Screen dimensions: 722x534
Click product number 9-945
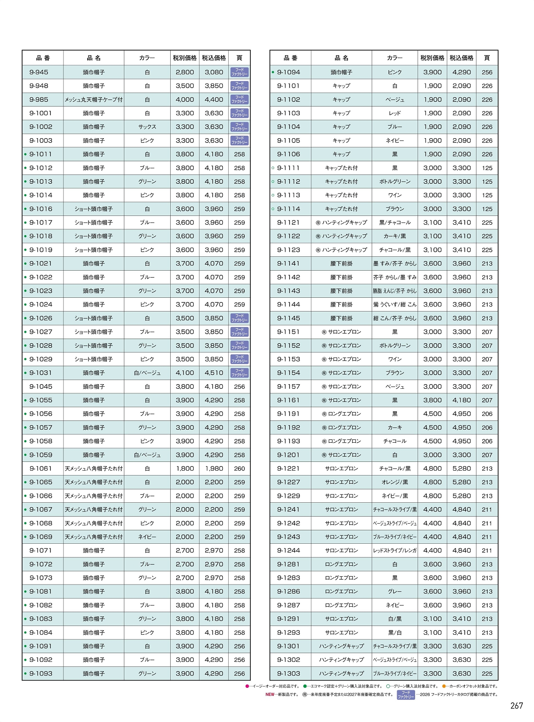pyautogui.click(x=39, y=72)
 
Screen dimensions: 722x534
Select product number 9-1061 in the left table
pyautogui.click(x=41, y=469)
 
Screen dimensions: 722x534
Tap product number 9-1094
pyautogui.click(x=289, y=72)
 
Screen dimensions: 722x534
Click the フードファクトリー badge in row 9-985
pyautogui.click(x=239, y=99)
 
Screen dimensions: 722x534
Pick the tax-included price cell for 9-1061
pyautogui.click(x=214, y=469)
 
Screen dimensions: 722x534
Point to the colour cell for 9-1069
pyautogui.click(x=147, y=537)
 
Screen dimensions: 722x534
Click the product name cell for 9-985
pyautogui.click(x=94, y=100)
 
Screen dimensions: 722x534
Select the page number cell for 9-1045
pyautogui.click(x=239, y=387)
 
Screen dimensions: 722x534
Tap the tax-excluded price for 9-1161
pyautogui.click(x=433, y=400)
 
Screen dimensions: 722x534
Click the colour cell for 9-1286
pyautogui.click(x=395, y=592)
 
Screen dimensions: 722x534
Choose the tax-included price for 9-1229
pyautogui.click(x=462, y=496)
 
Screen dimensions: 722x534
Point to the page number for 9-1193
pyautogui.click(x=487, y=441)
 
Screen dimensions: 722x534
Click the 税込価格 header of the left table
pyautogui.click(x=214, y=58)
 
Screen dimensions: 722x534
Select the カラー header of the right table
pyautogui.click(x=395, y=58)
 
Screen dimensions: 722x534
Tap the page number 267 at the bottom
pyautogui.click(x=516, y=706)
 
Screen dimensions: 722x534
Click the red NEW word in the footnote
pyautogui.click(x=270, y=695)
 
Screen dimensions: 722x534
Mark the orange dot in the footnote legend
pyautogui.click(x=444, y=686)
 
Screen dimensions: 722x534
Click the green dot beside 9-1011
pyautogui.click(x=25, y=155)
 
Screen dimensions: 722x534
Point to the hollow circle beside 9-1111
pyautogui.click(x=273, y=168)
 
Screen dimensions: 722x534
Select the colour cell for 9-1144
pyautogui.click(x=395, y=304)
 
